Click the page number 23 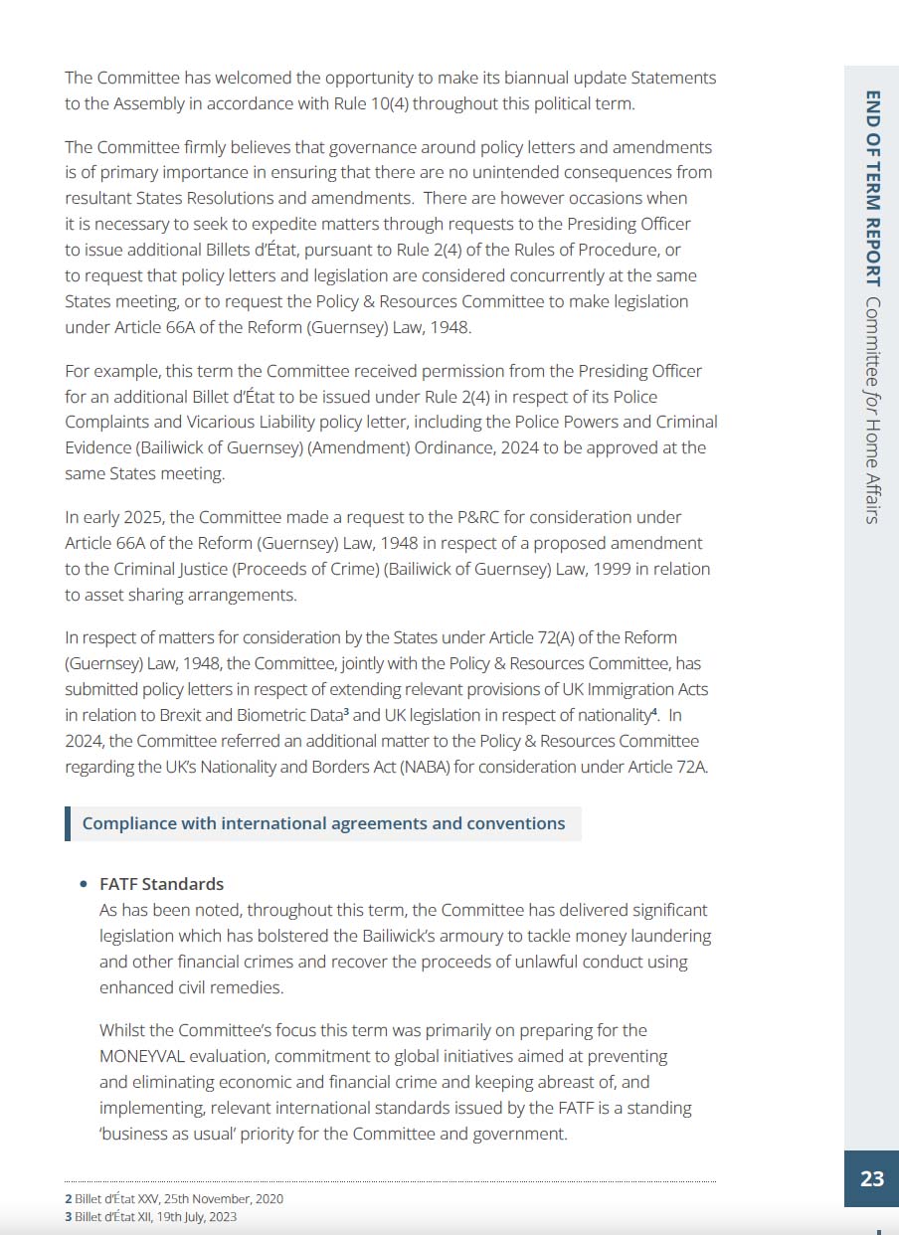(871, 1178)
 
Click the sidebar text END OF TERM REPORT (872, 188)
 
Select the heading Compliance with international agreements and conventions (323, 823)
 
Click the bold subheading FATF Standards (161, 884)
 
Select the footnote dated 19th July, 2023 (156, 1216)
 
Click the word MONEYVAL (146, 1056)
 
